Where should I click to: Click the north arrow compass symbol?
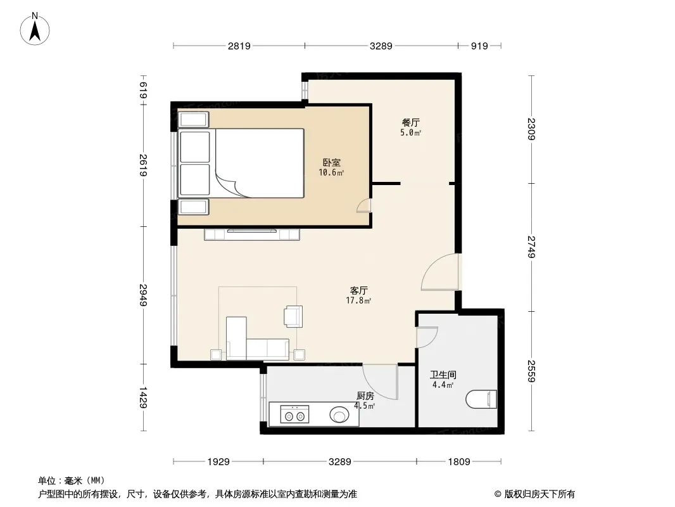35,29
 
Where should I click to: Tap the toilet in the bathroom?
481,399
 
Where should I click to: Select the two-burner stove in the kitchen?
294,414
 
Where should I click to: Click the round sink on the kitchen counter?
339,415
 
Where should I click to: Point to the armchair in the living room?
293,316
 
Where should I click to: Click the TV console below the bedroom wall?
252,234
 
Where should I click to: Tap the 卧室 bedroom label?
331,162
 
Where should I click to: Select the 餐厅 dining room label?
411,123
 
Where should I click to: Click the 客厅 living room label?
358,291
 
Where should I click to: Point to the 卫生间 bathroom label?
443,375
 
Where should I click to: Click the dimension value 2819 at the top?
239,46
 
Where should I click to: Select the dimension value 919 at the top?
479,46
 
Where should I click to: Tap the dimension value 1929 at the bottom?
218,462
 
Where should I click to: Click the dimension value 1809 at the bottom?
459,462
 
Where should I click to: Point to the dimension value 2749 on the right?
532,247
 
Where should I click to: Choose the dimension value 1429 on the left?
143,397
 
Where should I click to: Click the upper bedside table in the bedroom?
194,119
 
